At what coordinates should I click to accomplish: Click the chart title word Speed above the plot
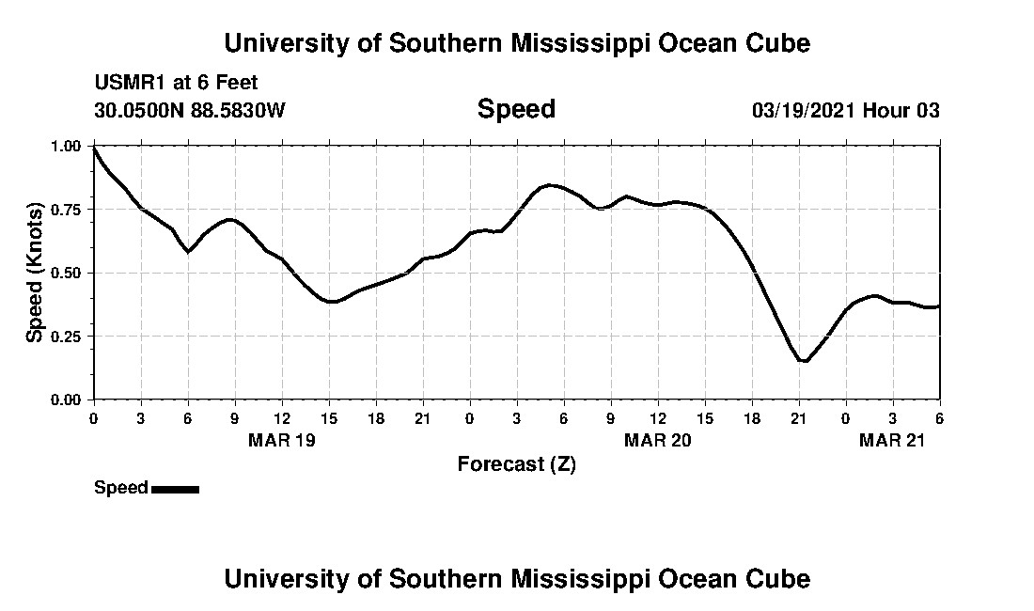point(516,109)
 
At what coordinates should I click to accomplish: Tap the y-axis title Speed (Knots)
point(35,272)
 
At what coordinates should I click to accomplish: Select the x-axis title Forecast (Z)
point(516,464)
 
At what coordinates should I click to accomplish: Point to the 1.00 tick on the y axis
point(67,146)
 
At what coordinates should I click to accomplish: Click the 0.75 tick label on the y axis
point(67,209)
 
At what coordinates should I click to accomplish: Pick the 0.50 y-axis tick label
point(67,273)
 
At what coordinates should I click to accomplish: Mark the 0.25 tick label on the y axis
point(67,336)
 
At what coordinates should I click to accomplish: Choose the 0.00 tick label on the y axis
point(67,399)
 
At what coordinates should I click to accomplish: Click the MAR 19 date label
point(281,441)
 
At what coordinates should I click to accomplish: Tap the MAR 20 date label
point(657,441)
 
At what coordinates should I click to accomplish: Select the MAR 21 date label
point(892,441)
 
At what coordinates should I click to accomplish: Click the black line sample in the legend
point(175,489)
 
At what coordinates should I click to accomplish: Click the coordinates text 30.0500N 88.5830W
point(189,110)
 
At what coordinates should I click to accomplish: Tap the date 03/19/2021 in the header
point(804,110)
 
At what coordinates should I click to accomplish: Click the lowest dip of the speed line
point(803,360)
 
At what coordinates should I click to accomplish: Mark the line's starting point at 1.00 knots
point(94,148)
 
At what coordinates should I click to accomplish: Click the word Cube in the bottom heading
point(783,578)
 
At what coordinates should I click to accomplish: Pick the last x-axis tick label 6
point(939,417)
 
